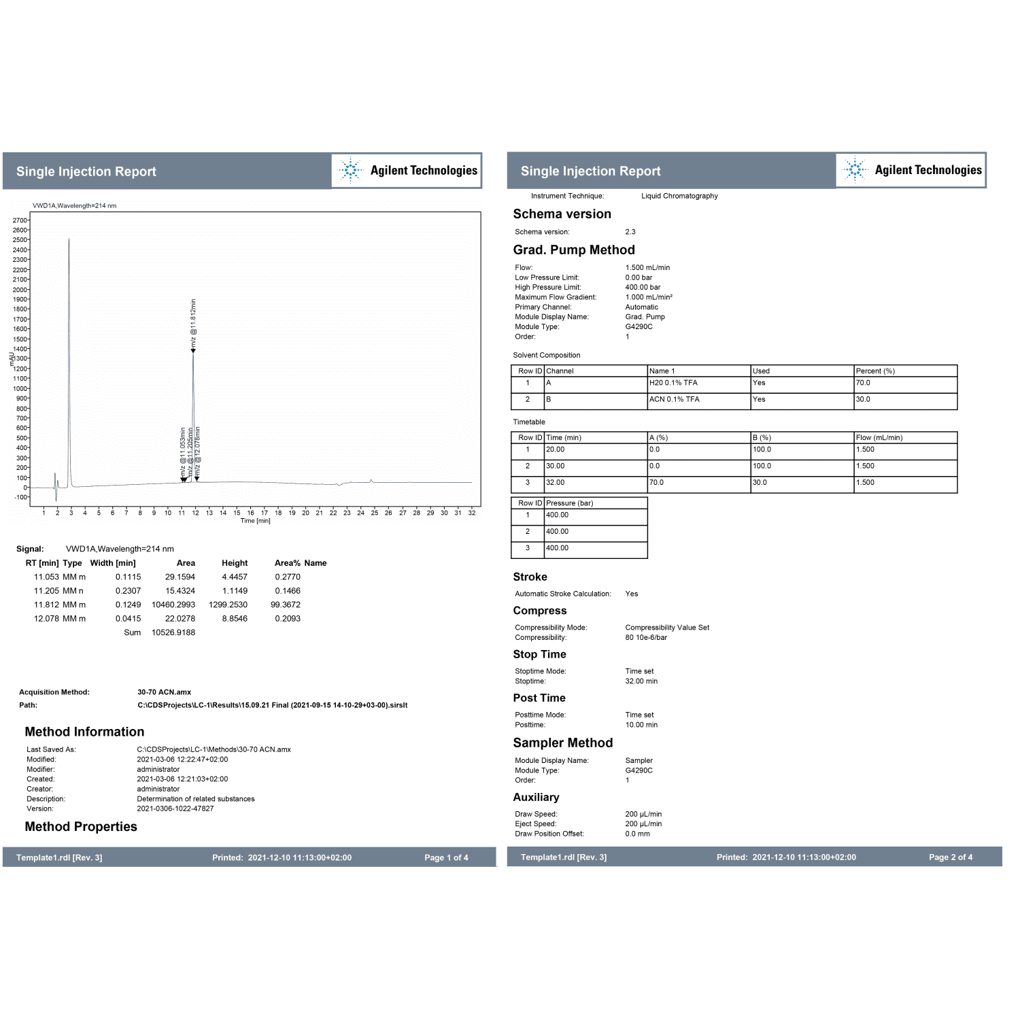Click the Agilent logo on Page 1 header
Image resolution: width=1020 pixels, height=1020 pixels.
click(407, 171)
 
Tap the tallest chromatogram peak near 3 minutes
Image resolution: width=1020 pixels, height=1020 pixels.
click(69, 245)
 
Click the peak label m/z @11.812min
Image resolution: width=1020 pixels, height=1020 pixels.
click(193, 324)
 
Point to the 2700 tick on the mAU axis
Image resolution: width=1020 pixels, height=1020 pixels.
click(20, 220)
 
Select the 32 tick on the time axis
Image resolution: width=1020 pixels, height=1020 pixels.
click(472, 513)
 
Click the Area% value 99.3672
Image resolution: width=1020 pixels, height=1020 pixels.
click(286, 605)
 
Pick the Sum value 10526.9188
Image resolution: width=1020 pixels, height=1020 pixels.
click(173, 632)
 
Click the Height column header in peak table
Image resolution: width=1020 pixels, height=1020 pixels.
click(235, 563)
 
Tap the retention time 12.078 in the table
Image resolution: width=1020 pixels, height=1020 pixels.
click(46, 619)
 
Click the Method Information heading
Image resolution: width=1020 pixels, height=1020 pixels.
click(84, 732)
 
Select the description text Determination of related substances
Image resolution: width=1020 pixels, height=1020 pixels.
click(196, 799)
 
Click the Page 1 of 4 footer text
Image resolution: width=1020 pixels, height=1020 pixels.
click(446, 857)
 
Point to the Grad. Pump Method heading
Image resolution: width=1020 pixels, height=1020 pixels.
click(574, 250)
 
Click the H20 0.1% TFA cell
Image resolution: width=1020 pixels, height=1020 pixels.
click(673, 383)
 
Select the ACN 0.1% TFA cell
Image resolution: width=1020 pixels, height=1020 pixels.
click(674, 399)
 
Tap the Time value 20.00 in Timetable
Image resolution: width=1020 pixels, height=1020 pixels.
click(555, 449)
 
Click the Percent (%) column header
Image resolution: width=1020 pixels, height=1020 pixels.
click(875, 371)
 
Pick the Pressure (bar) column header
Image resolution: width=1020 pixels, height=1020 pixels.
click(569, 503)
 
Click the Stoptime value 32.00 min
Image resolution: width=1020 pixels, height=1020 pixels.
click(641, 681)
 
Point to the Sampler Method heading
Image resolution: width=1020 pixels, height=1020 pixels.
click(563, 743)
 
